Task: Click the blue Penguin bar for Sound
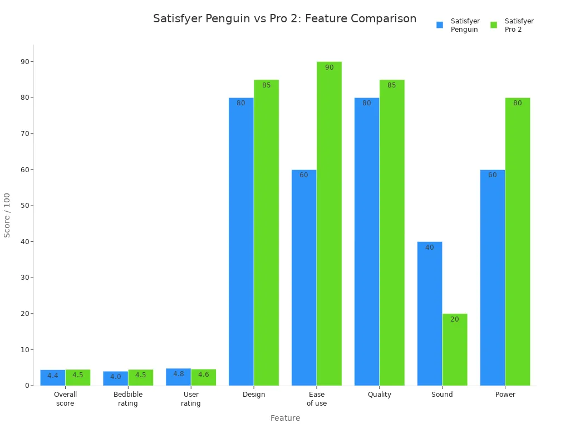point(429,313)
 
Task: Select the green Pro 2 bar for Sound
point(455,349)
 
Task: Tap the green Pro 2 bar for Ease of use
point(329,223)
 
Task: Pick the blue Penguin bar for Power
point(492,278)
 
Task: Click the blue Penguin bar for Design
point(241,241)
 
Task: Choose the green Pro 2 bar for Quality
point(392,232)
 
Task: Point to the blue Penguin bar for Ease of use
point(304,278)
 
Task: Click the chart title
point(284,18)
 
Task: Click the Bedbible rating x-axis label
point(128,398)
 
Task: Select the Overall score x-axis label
point(65,398)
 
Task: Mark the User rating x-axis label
point(191,398)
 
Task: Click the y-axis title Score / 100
point(7,215)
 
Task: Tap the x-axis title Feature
point(285,418)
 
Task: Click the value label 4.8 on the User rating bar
point(178,374)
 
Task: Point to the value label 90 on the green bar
point(329,67)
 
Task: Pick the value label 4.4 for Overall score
point(52,376)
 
